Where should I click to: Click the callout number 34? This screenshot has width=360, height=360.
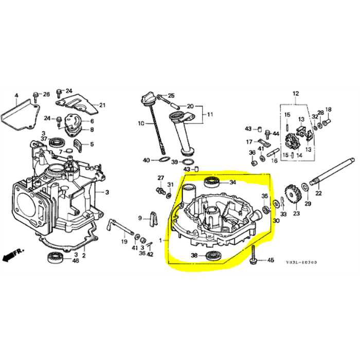pos(232,182)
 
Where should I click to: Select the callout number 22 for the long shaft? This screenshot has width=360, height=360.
pos(318,193)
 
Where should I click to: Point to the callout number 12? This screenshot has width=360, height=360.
pos(296,94)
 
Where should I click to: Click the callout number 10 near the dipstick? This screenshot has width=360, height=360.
pos(141,123)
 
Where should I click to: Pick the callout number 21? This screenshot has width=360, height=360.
pos(102,105)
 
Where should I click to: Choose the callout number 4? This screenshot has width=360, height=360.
pos(16,96)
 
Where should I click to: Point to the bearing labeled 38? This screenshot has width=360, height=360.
pos(212,256)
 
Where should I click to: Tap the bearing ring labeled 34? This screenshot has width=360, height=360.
pos(212,181)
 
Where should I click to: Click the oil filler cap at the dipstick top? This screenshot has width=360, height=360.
pos(150,98)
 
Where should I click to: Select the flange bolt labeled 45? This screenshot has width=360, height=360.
pos(254,255)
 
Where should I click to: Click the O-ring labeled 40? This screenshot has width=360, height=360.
pos(160,161)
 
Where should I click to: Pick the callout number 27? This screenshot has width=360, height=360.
pos(160,178)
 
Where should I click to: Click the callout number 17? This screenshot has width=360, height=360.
pos(248,142)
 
